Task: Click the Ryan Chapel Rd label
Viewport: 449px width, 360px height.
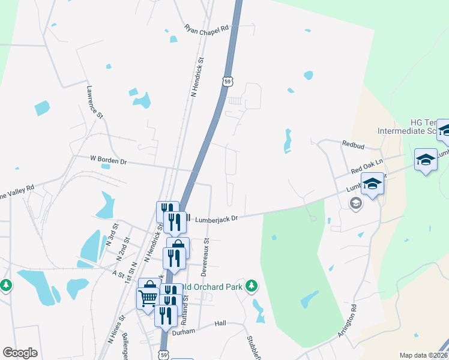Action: (207, 28)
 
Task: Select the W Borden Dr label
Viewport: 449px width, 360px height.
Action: (109, 160)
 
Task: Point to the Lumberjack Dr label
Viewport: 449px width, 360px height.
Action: (216, 219)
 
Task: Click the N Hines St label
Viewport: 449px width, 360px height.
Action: (116, 329)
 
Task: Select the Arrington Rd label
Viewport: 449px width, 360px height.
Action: (348, 322)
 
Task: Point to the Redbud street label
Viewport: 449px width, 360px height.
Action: (354, 145)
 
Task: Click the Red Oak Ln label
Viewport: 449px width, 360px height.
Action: (366, 170)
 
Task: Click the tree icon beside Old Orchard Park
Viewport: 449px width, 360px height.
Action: (253, 285)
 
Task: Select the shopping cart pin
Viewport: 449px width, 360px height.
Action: (147, 296)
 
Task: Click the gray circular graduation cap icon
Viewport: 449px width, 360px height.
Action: (356, 204)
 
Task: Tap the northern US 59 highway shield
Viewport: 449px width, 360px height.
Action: (226, 81)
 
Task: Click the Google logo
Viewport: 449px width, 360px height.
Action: (20, 353)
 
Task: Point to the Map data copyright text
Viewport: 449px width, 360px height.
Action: (424, 355)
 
